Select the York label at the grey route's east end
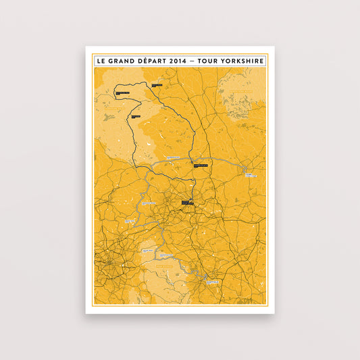251,173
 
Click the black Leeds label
187,202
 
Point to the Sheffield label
213,280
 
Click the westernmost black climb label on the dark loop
122,93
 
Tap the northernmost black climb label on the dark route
157,85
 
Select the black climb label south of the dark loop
136,117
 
